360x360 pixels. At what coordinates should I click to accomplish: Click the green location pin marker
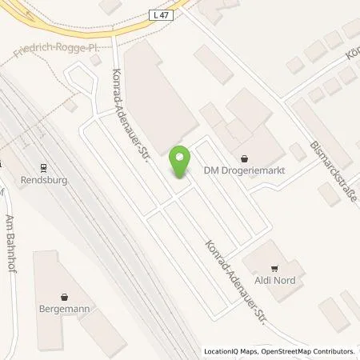point(180,162)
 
